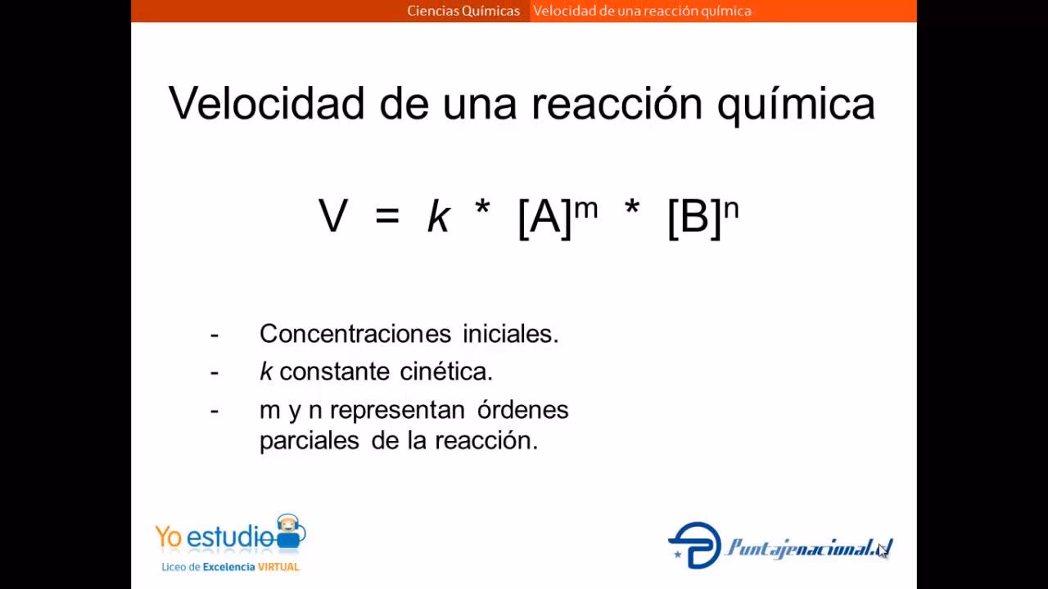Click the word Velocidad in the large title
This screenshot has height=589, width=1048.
click(266, 104)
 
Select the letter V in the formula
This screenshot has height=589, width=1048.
click(333, 217)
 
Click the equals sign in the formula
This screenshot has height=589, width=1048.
click(387, 218)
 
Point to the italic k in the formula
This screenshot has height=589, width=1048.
click(439, 218)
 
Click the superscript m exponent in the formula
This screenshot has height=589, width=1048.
click(585, 208)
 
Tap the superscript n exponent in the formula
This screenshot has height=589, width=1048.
click(731, 208)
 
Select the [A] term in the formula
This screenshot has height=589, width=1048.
click(544, 218)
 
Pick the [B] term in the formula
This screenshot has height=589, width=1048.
click(694, 218)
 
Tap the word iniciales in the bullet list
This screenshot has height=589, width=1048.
click(510, 334)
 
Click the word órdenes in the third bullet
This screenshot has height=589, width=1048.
click(522, 409)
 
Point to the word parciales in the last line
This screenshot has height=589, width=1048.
click(309, 440)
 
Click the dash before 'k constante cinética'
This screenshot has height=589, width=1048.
click(215, 371)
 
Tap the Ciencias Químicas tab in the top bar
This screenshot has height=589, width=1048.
click(463, 11)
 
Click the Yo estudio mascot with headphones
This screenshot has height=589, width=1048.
click(289, 532)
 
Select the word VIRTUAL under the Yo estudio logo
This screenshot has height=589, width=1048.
click(278, 566)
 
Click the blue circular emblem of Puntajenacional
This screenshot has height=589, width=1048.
click(694, 545)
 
